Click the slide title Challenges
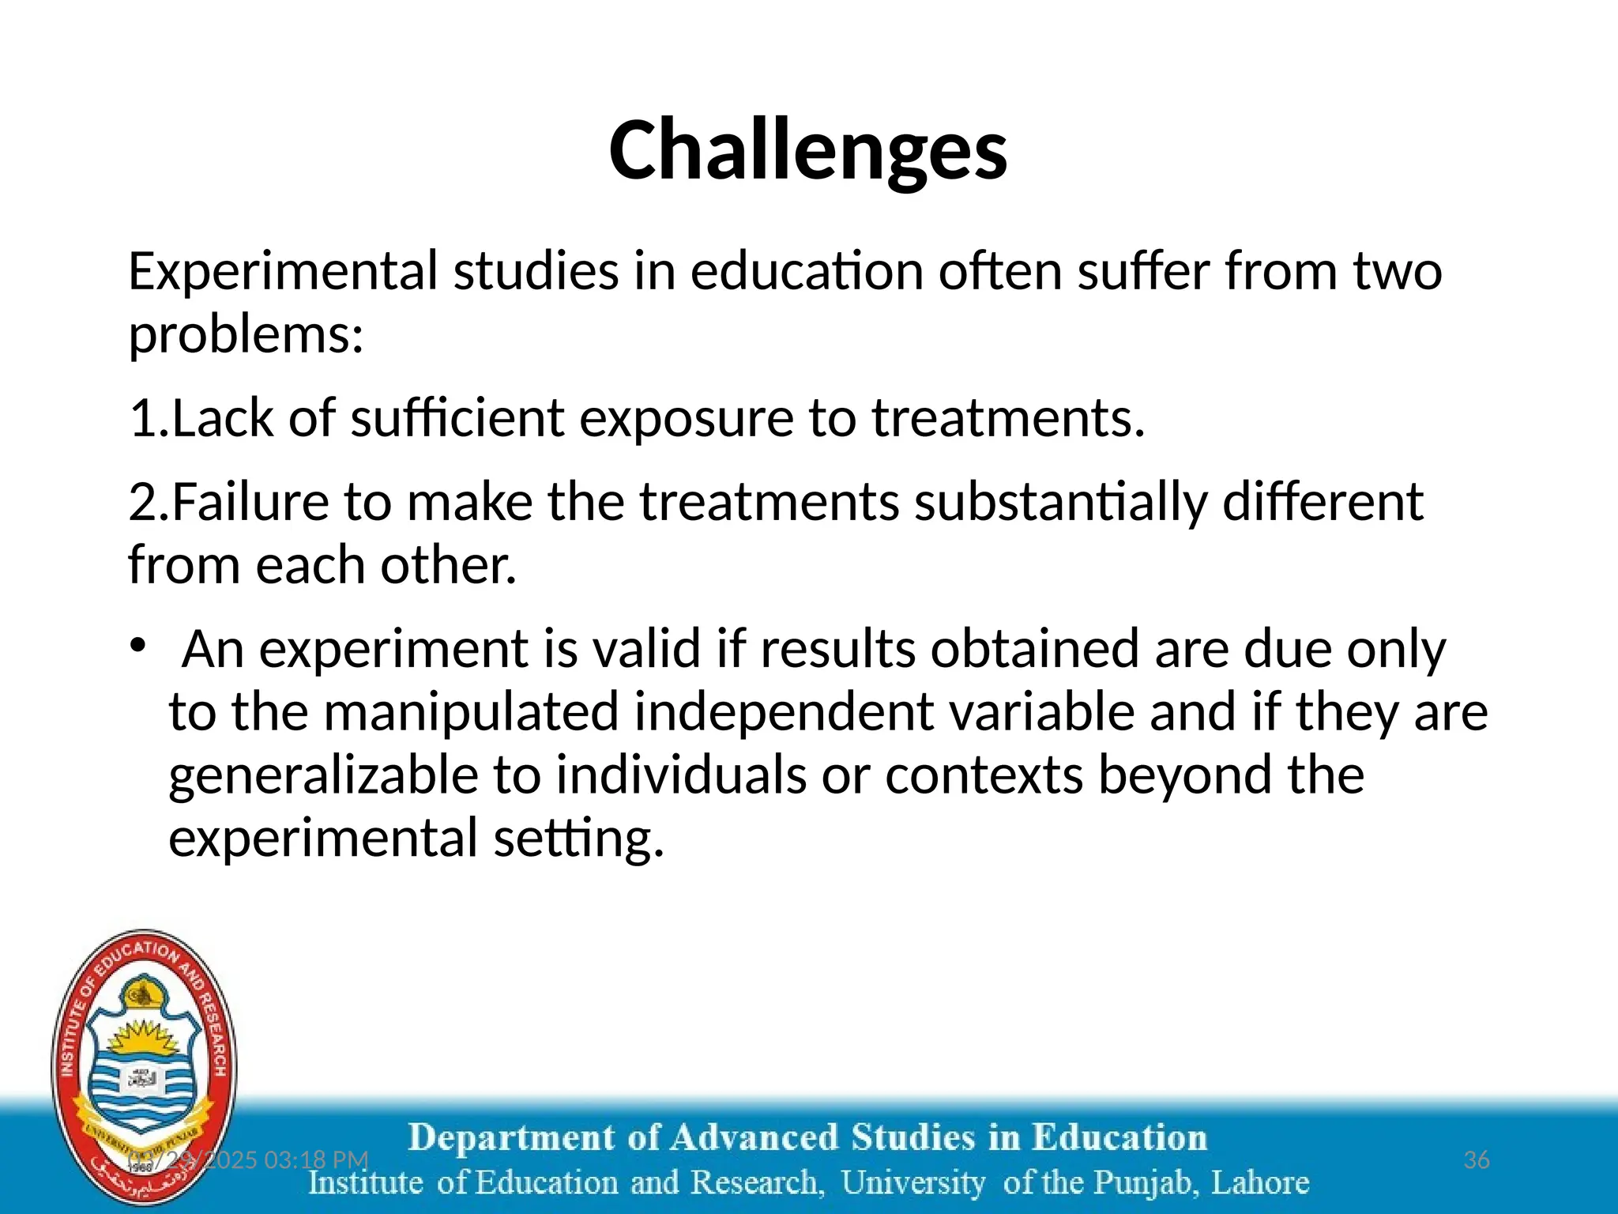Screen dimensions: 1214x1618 point(807,150)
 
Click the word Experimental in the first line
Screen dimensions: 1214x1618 point(283,272)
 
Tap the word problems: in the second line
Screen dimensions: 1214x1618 point(246,335)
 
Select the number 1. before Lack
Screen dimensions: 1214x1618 point(149,418)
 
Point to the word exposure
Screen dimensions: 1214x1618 point(686,418)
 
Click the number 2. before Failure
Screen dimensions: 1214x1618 point(149,502)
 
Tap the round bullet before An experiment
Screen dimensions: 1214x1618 point(138,646)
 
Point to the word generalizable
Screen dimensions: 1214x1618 point(323,775)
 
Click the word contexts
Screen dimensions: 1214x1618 point(984,775)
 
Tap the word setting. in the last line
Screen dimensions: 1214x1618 point(578,839)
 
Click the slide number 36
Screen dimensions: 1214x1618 point(1476,1160)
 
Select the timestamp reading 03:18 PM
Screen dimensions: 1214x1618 point(316,1160)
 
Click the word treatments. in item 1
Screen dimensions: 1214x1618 point(1008,418)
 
